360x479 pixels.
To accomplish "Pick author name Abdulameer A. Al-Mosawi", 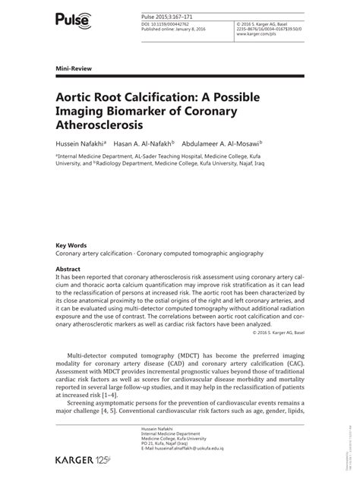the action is coord(226,142).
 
